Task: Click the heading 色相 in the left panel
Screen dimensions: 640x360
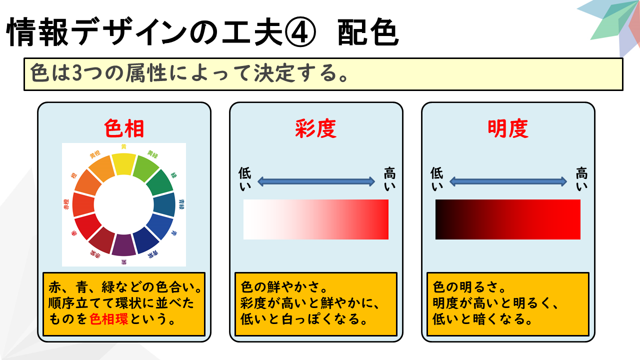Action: point(124,128)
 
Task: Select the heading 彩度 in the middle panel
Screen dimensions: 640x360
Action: point(315,128)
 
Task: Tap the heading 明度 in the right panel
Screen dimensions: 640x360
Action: point(508,128)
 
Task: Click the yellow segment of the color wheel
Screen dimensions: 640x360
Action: point(123,164)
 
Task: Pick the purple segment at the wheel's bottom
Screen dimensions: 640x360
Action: point(123,245)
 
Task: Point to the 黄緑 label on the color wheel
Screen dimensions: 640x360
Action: point(152,154)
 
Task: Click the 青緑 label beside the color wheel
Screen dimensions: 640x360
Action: point(181,204)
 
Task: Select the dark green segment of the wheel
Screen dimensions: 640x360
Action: point(160,182)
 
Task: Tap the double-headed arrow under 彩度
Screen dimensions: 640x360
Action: point(316,181)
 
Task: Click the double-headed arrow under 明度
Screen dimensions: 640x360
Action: point(508,181)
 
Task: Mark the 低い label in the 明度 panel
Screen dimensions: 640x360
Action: point(437,179)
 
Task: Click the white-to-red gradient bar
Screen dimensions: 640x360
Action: point(316,219)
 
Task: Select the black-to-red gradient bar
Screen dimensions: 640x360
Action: point(508,219)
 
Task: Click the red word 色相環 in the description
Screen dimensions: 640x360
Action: point(109,319)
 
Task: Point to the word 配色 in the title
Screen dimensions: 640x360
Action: point(368,31)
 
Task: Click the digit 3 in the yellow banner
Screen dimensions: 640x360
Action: point(77,73)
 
